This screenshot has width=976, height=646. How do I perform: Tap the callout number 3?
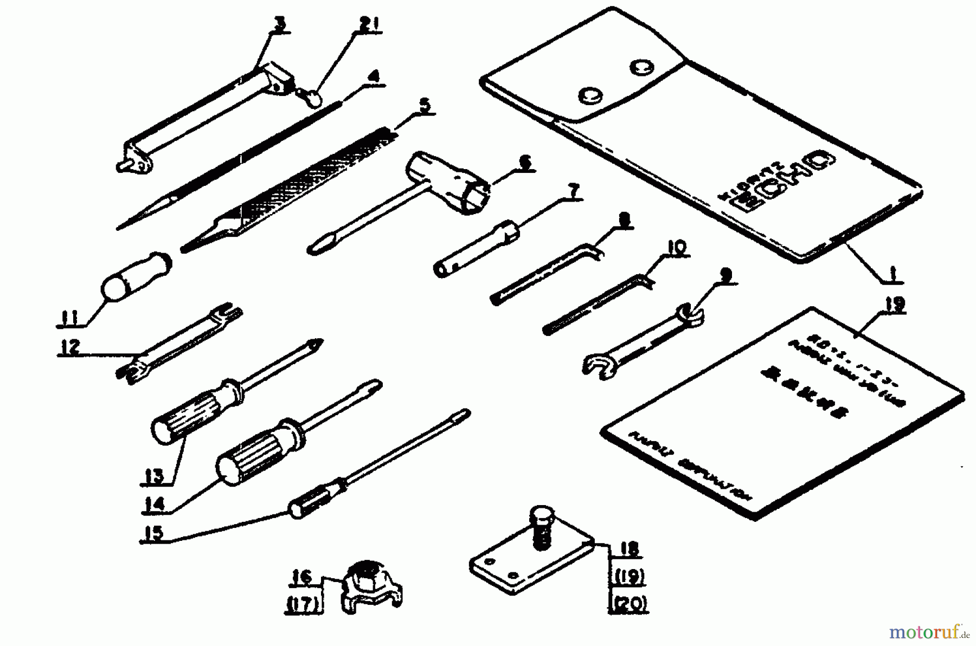(x=280, y=24)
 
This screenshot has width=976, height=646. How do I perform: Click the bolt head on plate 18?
(x=540, y=513)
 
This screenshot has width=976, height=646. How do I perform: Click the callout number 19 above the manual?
(x=894, y=305)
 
